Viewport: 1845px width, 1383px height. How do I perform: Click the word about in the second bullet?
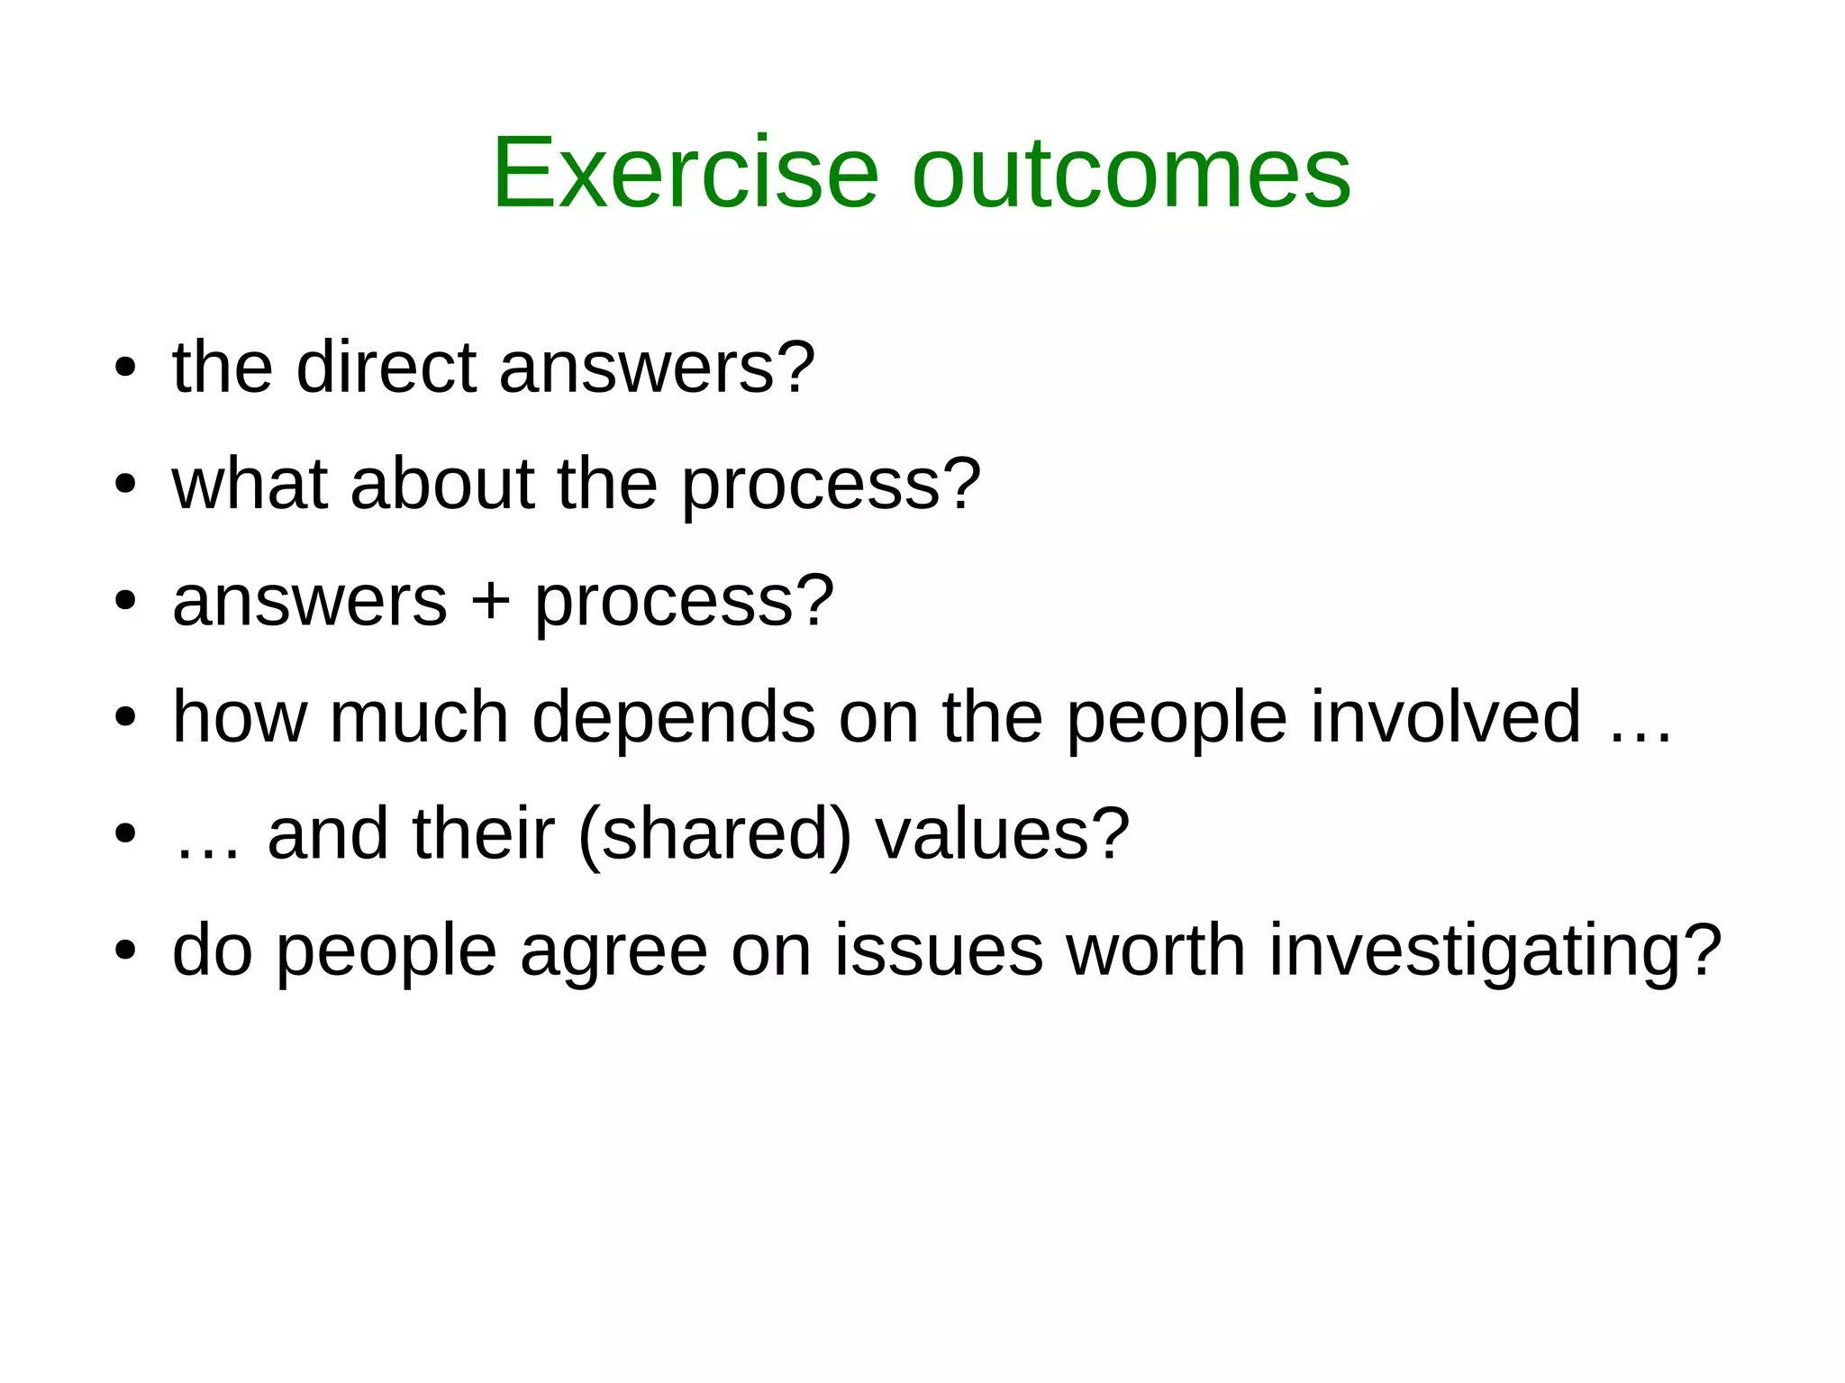(442, 484)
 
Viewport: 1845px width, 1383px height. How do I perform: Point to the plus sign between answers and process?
(491, 601)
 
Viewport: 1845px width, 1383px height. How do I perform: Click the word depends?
(674, 716)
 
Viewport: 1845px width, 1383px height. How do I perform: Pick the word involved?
(1445, 716)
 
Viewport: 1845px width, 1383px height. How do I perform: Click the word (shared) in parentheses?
(714, 833)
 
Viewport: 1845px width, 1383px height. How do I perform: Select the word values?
(1002, 833)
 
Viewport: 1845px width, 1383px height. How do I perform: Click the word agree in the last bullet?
(613, 951)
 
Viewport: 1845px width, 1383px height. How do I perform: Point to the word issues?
(939, 951)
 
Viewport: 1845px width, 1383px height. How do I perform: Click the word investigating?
(1495, 951)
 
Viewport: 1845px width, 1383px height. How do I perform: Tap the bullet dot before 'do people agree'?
(125, 951)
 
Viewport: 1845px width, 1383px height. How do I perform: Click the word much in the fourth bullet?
(419, 716)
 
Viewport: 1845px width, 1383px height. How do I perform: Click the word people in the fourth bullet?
(1177, 716)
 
